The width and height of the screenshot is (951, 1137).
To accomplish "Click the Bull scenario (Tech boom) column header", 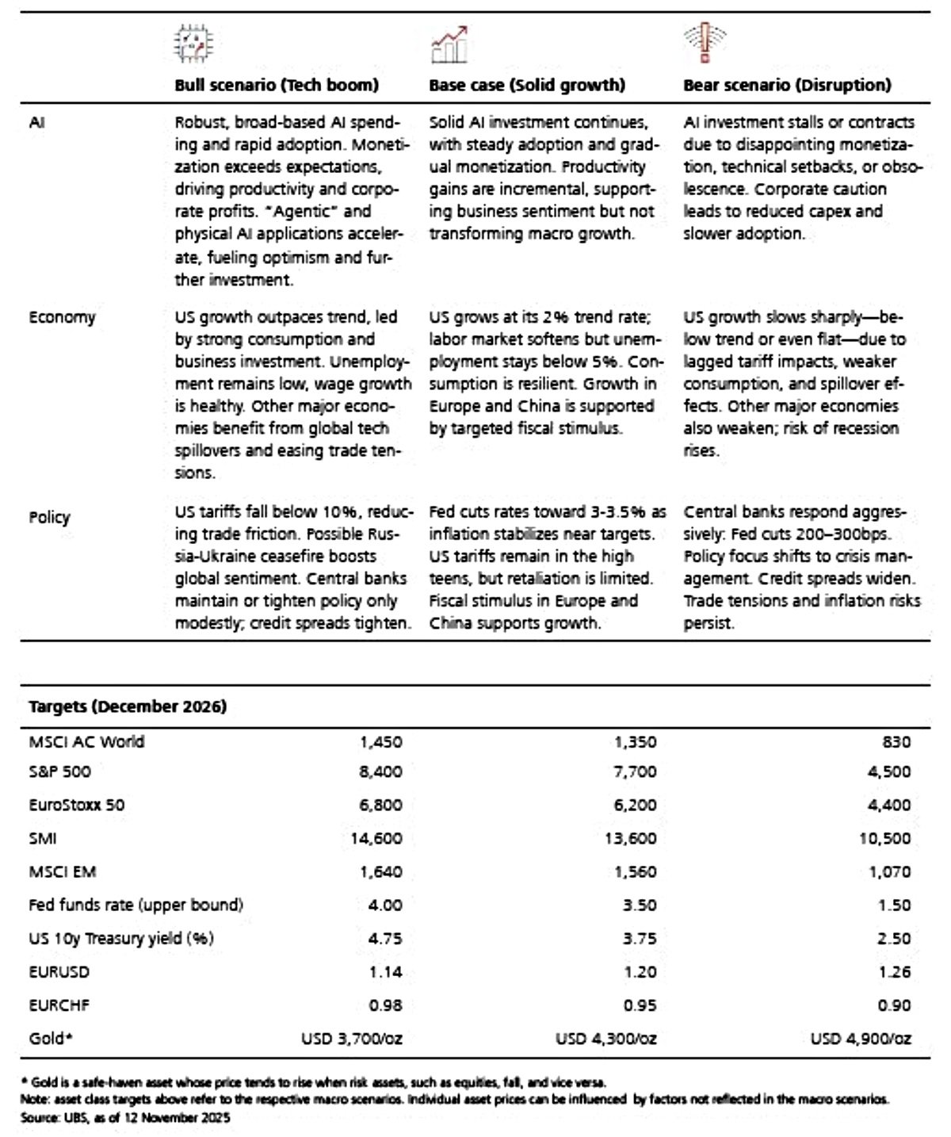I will pyautogui.click(x=277, y=85).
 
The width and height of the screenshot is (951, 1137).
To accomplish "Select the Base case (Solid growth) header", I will pyautogui.click(x=527, y=85).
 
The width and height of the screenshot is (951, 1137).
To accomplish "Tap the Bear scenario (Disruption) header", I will pyautogui.click(x=787, y=85).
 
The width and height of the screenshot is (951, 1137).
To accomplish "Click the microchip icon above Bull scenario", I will pyautogui.click(x=193, y=44).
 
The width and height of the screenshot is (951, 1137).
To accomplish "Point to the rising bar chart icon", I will pyautogui.click(x=449, y=44).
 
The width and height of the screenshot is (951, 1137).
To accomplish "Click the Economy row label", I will pyautogui.click(x=62, y=317).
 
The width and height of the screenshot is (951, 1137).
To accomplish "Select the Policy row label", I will pyautogui.click(x=49, y=517).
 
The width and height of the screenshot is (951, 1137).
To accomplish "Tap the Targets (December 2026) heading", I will pyautogui.click(x=128, y=706).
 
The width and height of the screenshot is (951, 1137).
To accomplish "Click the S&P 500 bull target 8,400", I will pyautogui.click(x=380, y=771).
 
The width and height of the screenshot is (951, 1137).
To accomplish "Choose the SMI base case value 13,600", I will pyautogui.click(x=630, y=838).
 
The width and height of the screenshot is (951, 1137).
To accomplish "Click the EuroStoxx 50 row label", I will pyautogui.click(x=76, y=805).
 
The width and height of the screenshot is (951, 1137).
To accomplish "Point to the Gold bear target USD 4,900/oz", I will pyautogui.click(x=861, y=1038).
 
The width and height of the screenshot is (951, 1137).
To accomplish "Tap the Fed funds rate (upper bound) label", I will pyautogui.click(x=136, y=905).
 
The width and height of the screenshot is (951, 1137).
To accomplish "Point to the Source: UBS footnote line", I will pyautogui.click(x=125, y=1117).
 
